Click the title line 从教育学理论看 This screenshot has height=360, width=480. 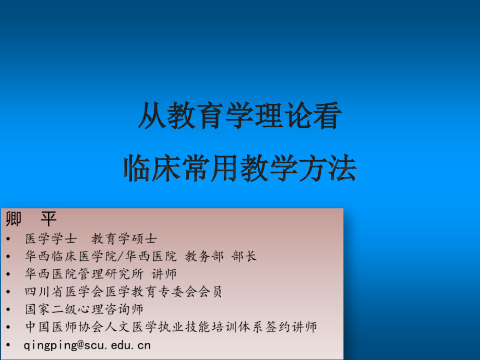[240, 115]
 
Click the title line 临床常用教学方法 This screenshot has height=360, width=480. [240, 168]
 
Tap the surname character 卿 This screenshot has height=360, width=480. [14, 219]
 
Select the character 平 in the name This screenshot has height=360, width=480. [49, 219]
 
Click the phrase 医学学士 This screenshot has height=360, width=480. [51, 239]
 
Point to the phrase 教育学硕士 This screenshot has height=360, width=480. [124, 239]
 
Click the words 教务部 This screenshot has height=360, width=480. [204, 256]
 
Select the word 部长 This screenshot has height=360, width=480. [244, 256]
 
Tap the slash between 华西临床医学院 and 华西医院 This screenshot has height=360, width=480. [121, 256]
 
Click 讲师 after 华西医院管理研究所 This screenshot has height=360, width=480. [164, 274]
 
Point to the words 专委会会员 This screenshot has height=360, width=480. [190, 292]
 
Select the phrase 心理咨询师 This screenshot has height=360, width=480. [111, 309]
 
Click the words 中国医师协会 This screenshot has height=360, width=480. [64, 327]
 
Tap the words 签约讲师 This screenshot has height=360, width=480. [291, 327]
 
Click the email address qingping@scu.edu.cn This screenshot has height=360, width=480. [87, 345]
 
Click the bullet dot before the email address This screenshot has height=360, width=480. [8, 345]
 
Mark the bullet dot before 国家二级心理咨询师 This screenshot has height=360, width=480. [8, 309]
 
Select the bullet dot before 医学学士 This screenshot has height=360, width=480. [8, 239]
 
